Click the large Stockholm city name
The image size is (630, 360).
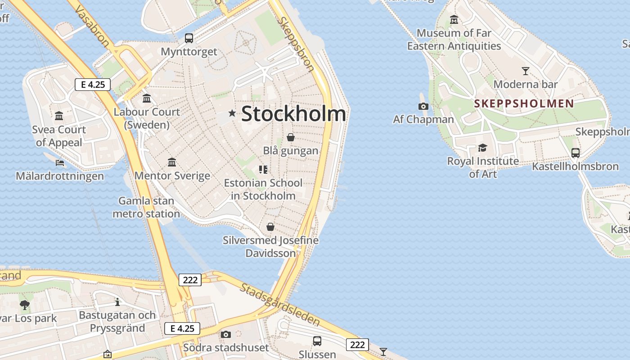coord(294,114)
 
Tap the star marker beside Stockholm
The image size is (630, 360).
coord(232,113)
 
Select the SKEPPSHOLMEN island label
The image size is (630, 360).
coord(524,103)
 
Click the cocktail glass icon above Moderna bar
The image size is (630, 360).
coord(525,71)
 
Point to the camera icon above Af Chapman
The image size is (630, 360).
coord(423,106)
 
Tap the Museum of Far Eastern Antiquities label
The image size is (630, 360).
coord(454,39)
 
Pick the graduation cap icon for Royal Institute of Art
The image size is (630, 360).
coord(482,148)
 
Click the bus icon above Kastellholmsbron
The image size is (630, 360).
coord(575,153)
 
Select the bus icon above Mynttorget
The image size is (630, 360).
coord(189,38)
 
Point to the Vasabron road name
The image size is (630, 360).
coord(93,27)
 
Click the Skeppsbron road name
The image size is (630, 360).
coord(296,44)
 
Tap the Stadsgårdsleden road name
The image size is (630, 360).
coord(279,305)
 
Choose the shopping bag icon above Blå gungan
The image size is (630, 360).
coord(291,137)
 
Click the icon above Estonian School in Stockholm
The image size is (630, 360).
coord(263,170)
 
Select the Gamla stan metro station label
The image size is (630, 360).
coord(146,207)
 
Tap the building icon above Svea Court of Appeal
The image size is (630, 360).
coord(59,116)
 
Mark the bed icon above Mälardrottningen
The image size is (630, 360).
coord(59,162)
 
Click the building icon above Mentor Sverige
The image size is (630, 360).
coord(172,162)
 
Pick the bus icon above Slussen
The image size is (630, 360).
coord(317,341)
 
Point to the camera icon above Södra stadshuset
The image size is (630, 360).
coord(226,334)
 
